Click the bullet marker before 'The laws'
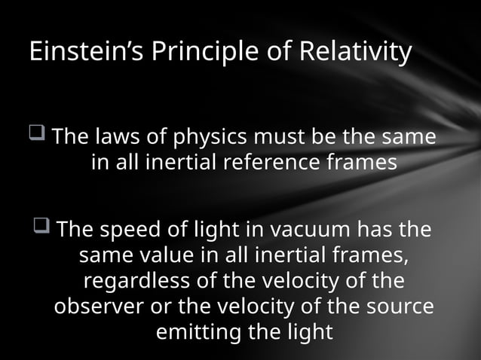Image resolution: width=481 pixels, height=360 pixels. (x=38, y=136)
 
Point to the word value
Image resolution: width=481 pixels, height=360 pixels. (x=173, y=255)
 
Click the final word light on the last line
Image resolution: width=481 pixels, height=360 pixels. (x=307, y=332)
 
